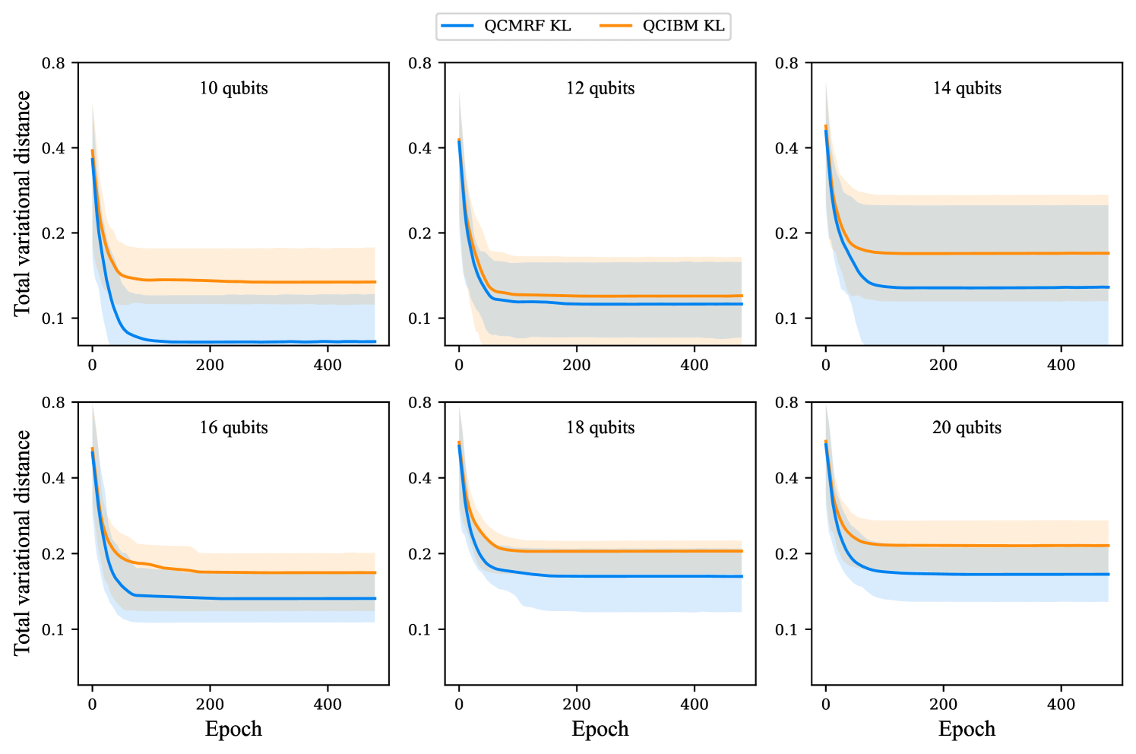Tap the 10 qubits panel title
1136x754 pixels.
[x=233, y=88]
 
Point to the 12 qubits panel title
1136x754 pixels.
[x=600, y=88]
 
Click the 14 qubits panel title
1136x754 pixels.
[x=967, y=88]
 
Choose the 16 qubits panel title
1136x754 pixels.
[x=233, y=427]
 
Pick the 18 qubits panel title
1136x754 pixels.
[x=600, y=427]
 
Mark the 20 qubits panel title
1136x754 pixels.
[x=967, y=427]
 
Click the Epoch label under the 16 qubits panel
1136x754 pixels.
[x=233, y=729]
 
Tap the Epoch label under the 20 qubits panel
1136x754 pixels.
[x=967, y=729]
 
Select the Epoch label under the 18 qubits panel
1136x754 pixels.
[x=600, y=729]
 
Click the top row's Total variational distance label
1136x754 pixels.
[x=22, y=203]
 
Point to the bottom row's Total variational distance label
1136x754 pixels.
[x=22, y=543]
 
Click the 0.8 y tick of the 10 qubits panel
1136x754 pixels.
[x=53, y=63]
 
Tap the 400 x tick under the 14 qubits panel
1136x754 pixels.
[x=1061, y=365]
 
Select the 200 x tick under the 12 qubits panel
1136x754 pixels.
[x=577, y=365]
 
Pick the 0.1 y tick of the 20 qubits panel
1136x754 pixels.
[x=786, y=629]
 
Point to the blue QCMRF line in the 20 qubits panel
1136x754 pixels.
[x=988, y=574]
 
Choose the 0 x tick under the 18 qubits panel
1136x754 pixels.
[x=459, y=704]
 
